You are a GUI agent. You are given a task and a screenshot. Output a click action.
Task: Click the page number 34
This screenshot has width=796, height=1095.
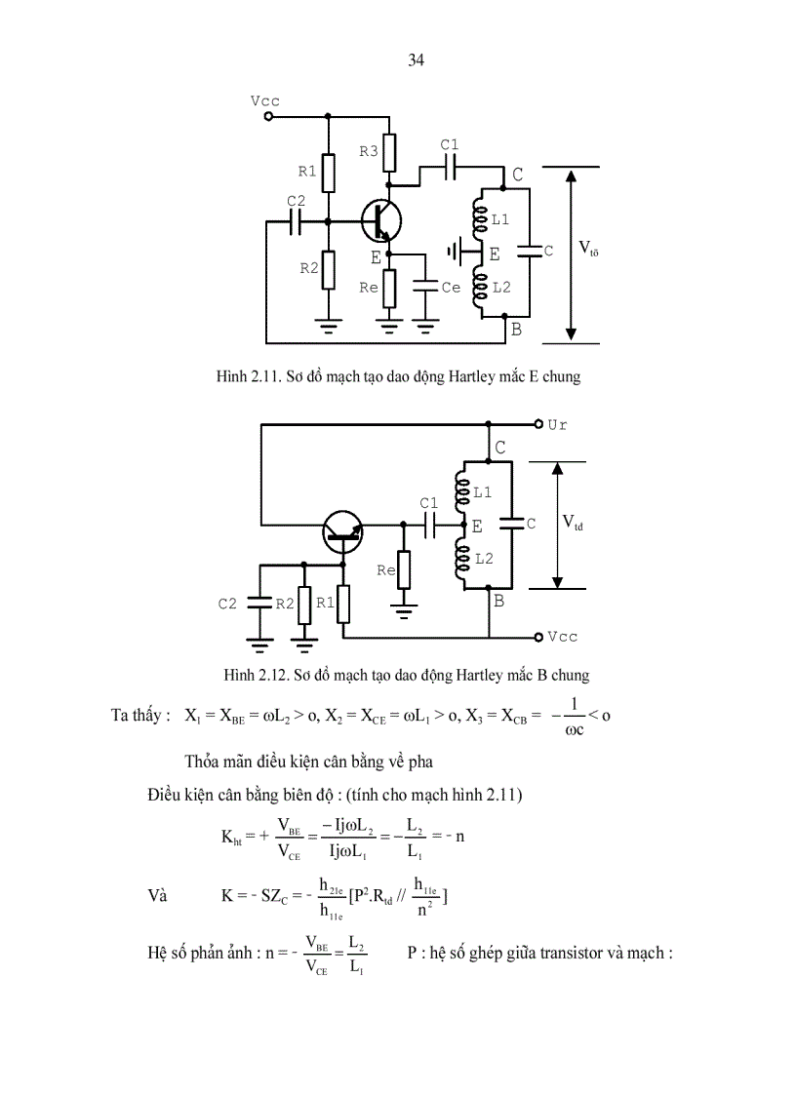(x=416, y=60)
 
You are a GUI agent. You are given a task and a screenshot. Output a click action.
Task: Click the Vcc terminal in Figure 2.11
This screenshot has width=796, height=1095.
(x=267, y=116)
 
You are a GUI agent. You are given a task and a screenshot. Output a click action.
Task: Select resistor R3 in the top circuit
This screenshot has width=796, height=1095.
(x=389, y=151)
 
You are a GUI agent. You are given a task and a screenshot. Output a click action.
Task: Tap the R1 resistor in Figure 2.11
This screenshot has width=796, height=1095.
(x=328, y=173)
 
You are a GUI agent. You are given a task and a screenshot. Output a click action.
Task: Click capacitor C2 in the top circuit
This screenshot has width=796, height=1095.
(x=297, y=221)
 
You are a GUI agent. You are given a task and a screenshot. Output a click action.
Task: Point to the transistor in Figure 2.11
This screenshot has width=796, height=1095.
(x=380, y=221)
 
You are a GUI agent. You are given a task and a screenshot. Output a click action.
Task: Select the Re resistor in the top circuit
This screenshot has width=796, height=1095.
(x=389, y=288)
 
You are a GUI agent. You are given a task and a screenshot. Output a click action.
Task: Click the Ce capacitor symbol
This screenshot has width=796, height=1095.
(x=425, y=288)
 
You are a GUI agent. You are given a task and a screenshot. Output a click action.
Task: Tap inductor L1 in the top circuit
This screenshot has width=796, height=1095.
(x=479, y=220)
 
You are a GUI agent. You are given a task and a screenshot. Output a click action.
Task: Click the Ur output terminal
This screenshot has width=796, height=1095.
(x=537, y=424)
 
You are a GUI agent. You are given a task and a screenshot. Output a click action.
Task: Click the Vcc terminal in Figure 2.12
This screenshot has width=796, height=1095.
(x=537, y=637)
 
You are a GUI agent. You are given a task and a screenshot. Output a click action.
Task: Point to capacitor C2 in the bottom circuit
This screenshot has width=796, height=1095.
(x=259, y=604)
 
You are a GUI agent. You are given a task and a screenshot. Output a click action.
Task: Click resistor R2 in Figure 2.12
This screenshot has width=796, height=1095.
(x=304, y=605)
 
